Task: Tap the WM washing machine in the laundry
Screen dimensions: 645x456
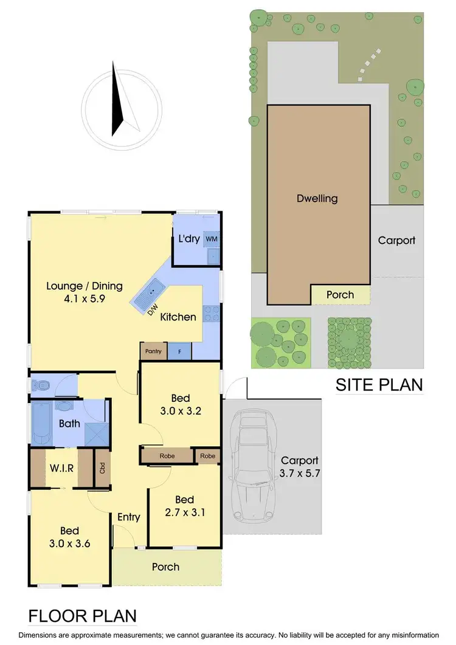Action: click(211, 239)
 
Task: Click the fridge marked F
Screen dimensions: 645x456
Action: click(179, 351)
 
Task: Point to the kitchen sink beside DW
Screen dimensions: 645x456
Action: click(148, 294)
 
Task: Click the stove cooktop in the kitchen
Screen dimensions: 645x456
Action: click(211, 313)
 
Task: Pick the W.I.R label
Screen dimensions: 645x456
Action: click(62, 468)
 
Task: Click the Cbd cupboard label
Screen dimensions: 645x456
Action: click(102, 469)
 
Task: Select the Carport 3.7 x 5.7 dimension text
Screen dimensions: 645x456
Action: click(299, 467)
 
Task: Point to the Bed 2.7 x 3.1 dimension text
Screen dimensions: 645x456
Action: click(184, 506)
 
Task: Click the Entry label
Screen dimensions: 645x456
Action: click(128, 517)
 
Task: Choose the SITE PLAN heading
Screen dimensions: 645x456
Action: click(379, 384)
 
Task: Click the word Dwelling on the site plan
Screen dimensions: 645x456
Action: click(317, 198)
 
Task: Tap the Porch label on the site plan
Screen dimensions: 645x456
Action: click(340, 295)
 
